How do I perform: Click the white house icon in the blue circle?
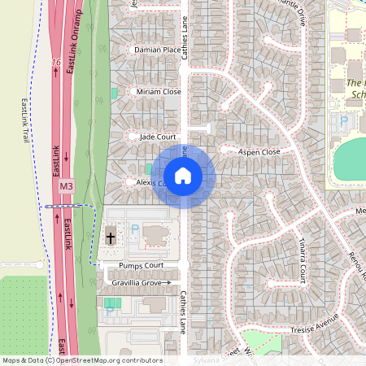183,176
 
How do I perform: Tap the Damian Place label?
157,50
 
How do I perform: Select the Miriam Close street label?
159,92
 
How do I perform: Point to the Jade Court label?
158,137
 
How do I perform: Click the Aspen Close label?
259,152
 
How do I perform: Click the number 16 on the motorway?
55,62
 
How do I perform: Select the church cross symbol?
111,238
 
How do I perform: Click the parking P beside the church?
135,230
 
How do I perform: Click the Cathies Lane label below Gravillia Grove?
184,311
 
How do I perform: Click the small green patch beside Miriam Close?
114,94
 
